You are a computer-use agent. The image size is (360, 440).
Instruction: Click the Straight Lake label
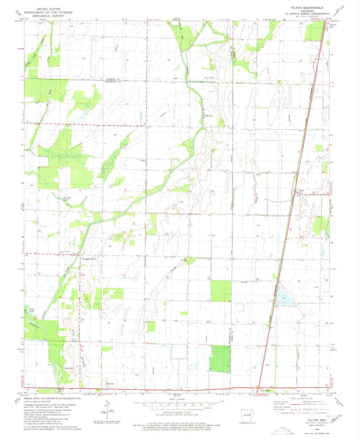[68, 198]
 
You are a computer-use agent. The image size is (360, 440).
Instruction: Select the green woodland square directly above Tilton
[220, 358]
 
